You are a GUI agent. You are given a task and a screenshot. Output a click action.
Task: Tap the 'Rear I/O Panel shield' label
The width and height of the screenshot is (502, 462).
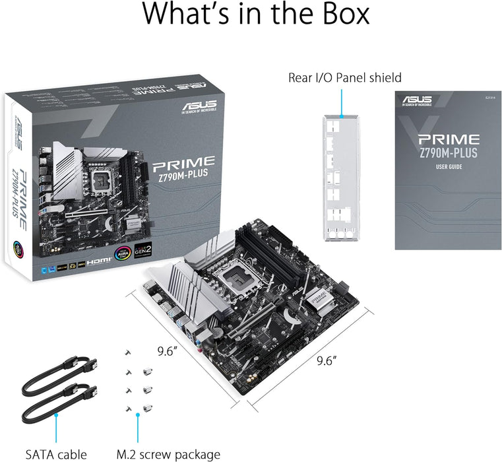click(344, 77)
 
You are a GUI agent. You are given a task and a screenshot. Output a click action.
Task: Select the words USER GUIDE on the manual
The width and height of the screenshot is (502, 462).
click(448, 167)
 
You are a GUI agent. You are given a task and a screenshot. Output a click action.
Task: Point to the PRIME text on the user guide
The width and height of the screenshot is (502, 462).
click(448, 139)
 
